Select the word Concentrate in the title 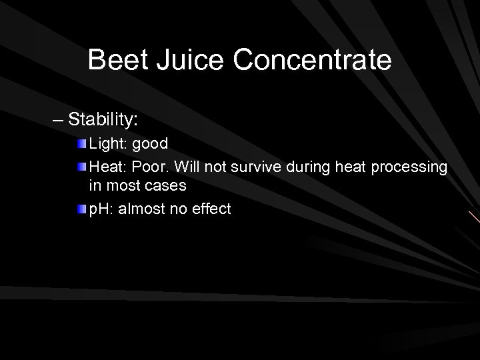[313, 60]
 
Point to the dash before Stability [59, 121]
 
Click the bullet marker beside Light [81, 145]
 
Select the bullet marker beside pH [81, 210]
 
